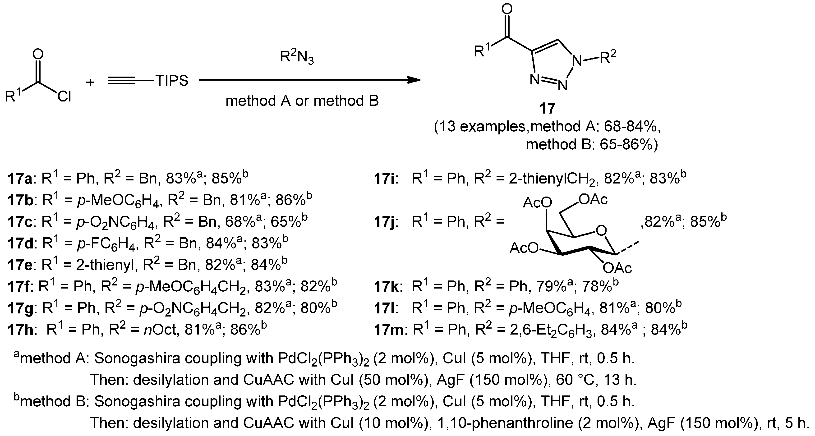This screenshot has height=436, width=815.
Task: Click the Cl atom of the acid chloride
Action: pyautogui.click(x=64, y=96)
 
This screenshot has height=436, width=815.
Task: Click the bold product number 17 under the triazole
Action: pyautogui.click(x=547, y=108)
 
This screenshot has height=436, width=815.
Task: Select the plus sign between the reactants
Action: pyautogui.click(x=90, y=82)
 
